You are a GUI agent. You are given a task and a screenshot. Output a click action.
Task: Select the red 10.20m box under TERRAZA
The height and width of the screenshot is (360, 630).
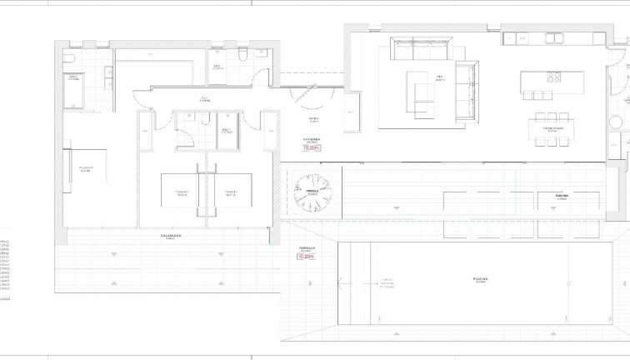click(306, 257)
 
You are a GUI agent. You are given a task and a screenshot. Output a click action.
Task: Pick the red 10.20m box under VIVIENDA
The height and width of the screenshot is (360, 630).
click(312, 147)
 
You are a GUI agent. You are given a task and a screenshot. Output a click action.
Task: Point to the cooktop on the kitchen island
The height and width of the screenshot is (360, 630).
click(552, 79)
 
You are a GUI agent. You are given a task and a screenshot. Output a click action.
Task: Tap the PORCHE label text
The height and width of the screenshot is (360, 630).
click(562, 197)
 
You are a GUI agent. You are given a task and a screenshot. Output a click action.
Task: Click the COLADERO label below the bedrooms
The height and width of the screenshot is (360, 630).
click(172, 236)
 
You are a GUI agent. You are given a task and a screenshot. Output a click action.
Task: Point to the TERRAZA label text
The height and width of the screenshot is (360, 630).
click(306, 247)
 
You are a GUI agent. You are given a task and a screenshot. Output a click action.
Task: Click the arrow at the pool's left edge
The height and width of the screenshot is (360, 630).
click(342, 283)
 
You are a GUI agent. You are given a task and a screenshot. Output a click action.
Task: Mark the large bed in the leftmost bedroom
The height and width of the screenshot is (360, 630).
click(84, 171)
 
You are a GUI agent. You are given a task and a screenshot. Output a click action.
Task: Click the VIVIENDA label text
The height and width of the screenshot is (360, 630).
click(312, 140)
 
